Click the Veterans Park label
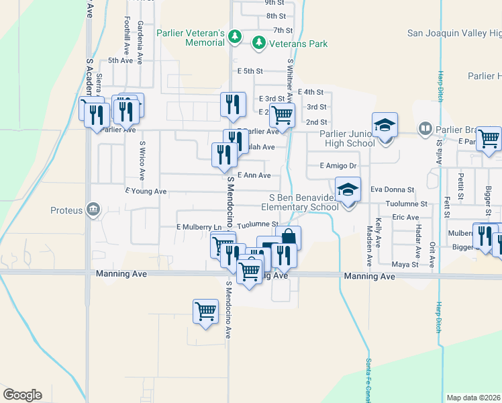pyautogui.click(x=299, y=44)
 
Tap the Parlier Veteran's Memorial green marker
pyautogui.click(x=234, y=36)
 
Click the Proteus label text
pyautogui.click(x=66, y=210)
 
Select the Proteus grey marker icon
pyautogui.click(x=94, y=210)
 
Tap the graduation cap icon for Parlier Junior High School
pyautogui.click(x=385, y=126)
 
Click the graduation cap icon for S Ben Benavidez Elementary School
pyautogui.click(x=348, y=190)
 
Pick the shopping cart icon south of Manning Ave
pyautogui.click(x=205, y=311)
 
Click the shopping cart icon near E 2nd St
pyautogui.click(x=283, y=115)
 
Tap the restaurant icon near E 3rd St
pyautogui.click(x=230, y=104)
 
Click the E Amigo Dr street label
pyautogui.click(x=337, y=165)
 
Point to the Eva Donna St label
pyautogui.click(x=393, y=190)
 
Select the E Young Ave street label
pyautogui.click(x=146, y=191)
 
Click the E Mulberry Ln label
pyautogui.click(x=199, y=228)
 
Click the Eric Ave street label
pyautogui.click(x=406, y=217)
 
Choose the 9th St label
pyautogui.click(x=274, y=3)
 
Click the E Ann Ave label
pyautogui.click(x=254, y=175)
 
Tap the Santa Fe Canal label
pyautogui.click(x=369, y=380)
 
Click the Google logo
pyautogui.click(x=22, y=395)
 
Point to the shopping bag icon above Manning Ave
pyautogui.click(x=288, y=238)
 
